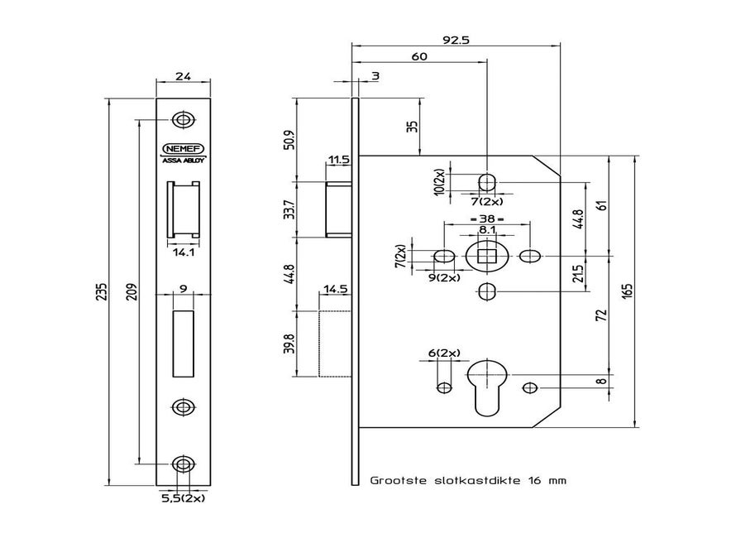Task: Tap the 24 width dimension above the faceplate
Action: (x=184, y=76)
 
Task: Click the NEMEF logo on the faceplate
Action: (x=184, y=149)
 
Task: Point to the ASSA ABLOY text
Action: (x=184, y=161)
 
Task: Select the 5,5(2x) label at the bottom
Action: (x=183, y=499)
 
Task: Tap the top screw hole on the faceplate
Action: (x=184, y=119)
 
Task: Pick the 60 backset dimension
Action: (x=419, y=57)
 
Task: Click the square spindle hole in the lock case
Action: (x=487, y=255)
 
